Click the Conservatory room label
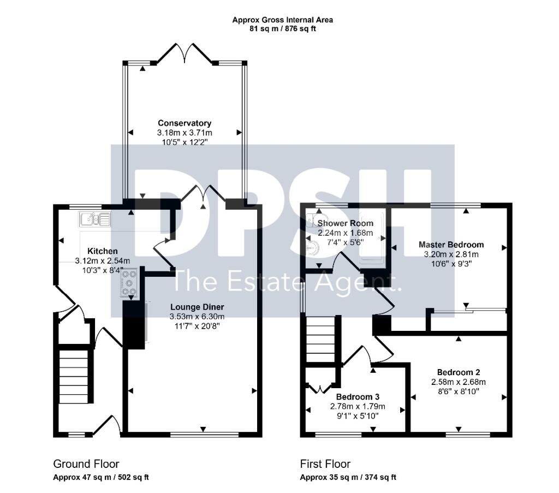(185, 123)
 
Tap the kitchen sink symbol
(95, 219)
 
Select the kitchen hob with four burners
(129, 282)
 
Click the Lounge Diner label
(197, 307)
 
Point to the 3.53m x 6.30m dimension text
(197, 317)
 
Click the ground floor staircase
(74, 377)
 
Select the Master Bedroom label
(451, 245)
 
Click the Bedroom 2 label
(459, 372)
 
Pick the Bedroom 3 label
(358, 397)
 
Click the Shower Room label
(346, 223)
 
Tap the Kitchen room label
(102, 251)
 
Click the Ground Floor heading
(86, 464)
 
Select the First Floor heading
(325, 464)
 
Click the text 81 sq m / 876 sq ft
(283, 29)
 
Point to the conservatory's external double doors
(185, 53)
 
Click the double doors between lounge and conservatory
(203, 194)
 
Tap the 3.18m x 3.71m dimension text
(185, 133)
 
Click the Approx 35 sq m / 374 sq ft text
(348, 477)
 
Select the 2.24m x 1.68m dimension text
(346, 233)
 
